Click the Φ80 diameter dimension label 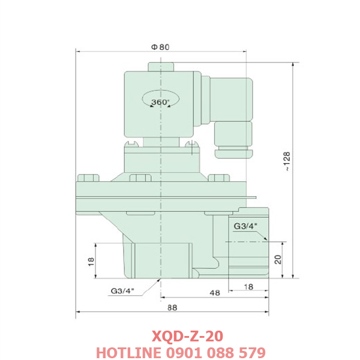point(160,47)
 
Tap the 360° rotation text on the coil point(160,101)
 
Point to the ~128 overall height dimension point(287,161)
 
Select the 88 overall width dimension point(172,307)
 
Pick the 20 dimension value point(277,259)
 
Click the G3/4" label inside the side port point(245,226)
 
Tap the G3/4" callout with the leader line point(122,292)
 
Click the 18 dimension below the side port point(248,287)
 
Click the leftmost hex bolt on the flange point(88,178)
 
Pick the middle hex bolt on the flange point(140,178)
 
